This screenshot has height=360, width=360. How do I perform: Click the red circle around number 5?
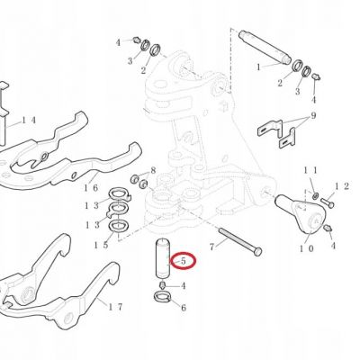pyautogui.click(x=184, y=261)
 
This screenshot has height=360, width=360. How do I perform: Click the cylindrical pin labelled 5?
pyautogui.click(x=163, y=257)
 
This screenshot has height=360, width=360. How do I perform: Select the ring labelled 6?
pyautogui.click(x=162, y=297)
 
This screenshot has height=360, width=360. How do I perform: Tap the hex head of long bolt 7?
pyautogui.click(x=257, y=251)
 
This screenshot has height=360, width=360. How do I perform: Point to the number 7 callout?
pyautogui.click(x=212, y=247)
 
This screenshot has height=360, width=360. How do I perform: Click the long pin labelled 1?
pyautogui.click(x=265, y=47)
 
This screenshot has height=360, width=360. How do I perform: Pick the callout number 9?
pyautogui.click(x=313, y=115)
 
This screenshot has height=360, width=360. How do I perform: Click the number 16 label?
pyautogui.click(x=91, y=188)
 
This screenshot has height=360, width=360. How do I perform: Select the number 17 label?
pyautogui.click(x=115, y=307)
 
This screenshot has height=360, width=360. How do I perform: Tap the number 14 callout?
pyautogui.click(x=29, y=121)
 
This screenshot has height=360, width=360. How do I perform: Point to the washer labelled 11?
pyautogui.click(x=315, y=196)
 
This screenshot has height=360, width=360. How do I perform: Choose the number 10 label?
pyautogui.click(x=307, y=248)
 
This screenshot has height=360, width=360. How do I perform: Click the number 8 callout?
pyautogui.click(x=153, y=170)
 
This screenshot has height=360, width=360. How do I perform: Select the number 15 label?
pyautogui.click(x=101, y=245)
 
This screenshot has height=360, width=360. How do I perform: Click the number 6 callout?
pyautogui.click(x=183, y=308)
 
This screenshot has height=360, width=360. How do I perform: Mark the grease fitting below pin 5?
pyautogui.click(x=163, y=285)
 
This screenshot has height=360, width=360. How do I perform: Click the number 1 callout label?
pyautogui.click(x=258, y=67)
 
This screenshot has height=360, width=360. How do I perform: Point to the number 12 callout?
pyautogui.click(x=342, y=186)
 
